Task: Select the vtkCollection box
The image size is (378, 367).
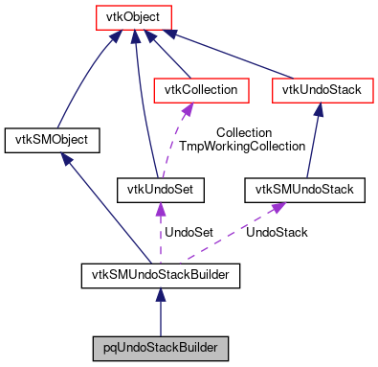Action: pyautogui.click(x=202, y=90)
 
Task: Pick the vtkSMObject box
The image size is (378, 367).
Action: pyautogui.click(x=53, y=140)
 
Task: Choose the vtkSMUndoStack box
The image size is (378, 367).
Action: pyautogui.click(x=305, y=189)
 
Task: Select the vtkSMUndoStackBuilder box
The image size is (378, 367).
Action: pyautogui.click(x=160, y=277)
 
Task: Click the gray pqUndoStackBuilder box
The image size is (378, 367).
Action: pyautogui.click(x=160, y=346)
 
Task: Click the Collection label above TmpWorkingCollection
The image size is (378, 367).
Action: pyautogui.click(x=243, y=132)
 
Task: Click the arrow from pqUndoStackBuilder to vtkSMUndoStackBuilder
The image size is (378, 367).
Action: pyautogui.click(x=160, y=311)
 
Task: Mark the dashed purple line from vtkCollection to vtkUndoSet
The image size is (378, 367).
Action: pyautogui.click(x=182, y=140)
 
